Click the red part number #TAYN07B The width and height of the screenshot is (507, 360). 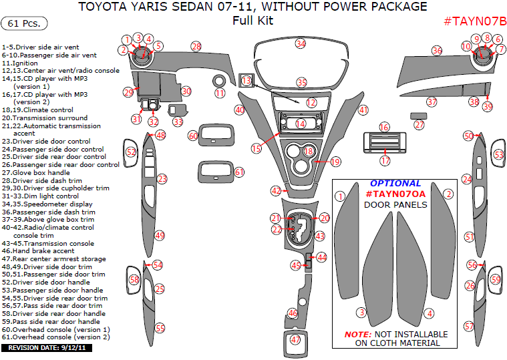(474, 21)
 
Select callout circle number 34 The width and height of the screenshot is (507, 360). (301, 44)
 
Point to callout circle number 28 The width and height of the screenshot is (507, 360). (196, 46)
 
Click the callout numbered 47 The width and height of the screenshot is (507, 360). (295, 339)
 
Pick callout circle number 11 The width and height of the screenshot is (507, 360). (220, 94)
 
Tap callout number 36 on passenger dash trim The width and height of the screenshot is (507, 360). (437, 51)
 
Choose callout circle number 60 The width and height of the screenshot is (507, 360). (193, 136)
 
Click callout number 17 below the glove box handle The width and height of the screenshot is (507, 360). (385, 160)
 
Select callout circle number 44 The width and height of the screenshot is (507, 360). (322, 257)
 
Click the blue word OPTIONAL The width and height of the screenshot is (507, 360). (395, 183)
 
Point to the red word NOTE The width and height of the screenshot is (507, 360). (361, 334)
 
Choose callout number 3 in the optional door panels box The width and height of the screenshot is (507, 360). (361, 312)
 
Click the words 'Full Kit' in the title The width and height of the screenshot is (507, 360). (252, 21)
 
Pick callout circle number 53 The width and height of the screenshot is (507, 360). (498, 154)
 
